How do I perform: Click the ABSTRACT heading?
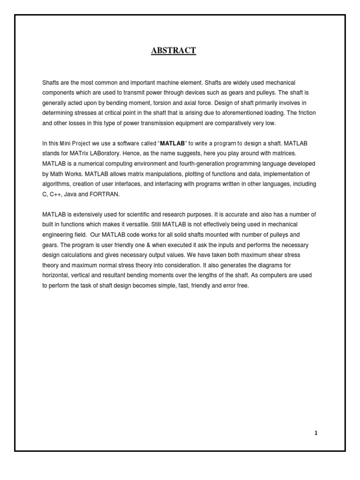pos(173,51)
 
